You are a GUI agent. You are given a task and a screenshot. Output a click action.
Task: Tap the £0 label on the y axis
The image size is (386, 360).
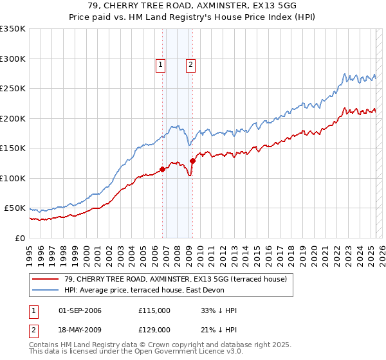point(19,238)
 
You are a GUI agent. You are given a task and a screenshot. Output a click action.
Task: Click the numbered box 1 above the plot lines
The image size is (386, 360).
point(160,64)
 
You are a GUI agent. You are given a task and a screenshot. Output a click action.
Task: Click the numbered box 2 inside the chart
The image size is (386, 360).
point(191,64)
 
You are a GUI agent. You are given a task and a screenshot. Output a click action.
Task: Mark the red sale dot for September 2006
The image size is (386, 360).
point(162,169)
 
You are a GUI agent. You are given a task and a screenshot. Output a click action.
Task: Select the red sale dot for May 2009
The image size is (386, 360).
point(192,161)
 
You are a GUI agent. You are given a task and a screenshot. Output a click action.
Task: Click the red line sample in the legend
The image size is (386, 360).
point(46,279)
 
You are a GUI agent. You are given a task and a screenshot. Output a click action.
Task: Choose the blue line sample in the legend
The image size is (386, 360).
point(46,290)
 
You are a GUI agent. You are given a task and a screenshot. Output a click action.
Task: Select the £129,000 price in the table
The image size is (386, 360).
point(154,330)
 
